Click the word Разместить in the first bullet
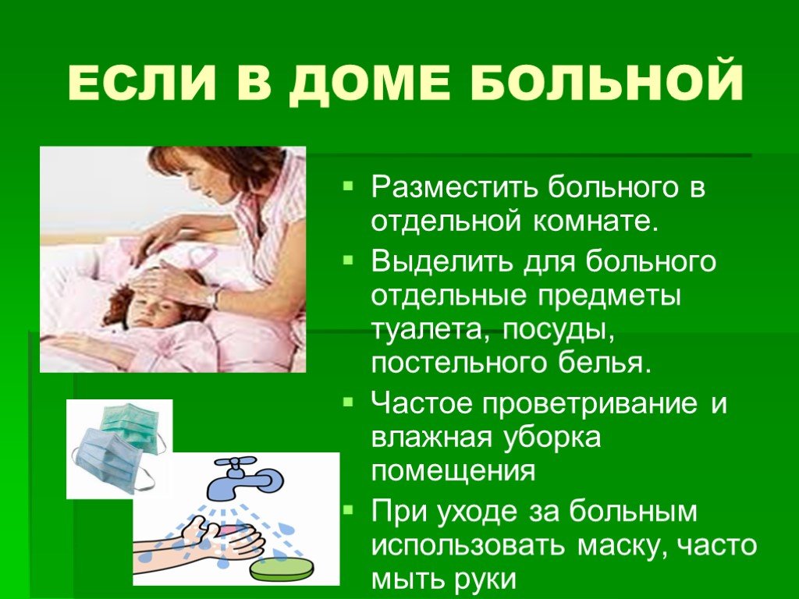click(454, 187)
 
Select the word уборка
click(553, 439)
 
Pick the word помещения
click(453, 471)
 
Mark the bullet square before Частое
click(348, 402)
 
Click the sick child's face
click(153, 309)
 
